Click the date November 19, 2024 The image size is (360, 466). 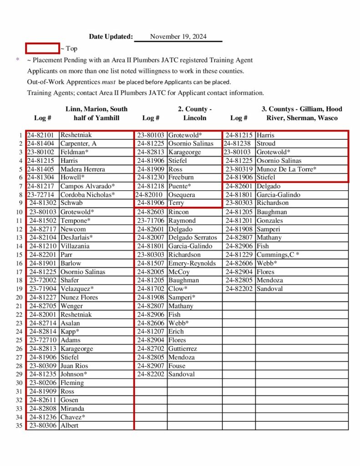point(178,37)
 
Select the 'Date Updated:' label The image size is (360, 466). point(111,37)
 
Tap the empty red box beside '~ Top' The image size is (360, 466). point(42,48)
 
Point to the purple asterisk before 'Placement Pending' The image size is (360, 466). point(18,60)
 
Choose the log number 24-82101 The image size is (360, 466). point(41,135)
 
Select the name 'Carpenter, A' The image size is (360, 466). point(78,143)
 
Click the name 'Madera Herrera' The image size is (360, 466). point(82,169)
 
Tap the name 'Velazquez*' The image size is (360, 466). point(77,289)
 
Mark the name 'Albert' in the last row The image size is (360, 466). point(69,425)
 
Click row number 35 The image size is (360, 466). point(19,425)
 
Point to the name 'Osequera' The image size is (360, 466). point(183,195)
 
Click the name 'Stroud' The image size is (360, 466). point(266,143)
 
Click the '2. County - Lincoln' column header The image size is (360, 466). point(195,113)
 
